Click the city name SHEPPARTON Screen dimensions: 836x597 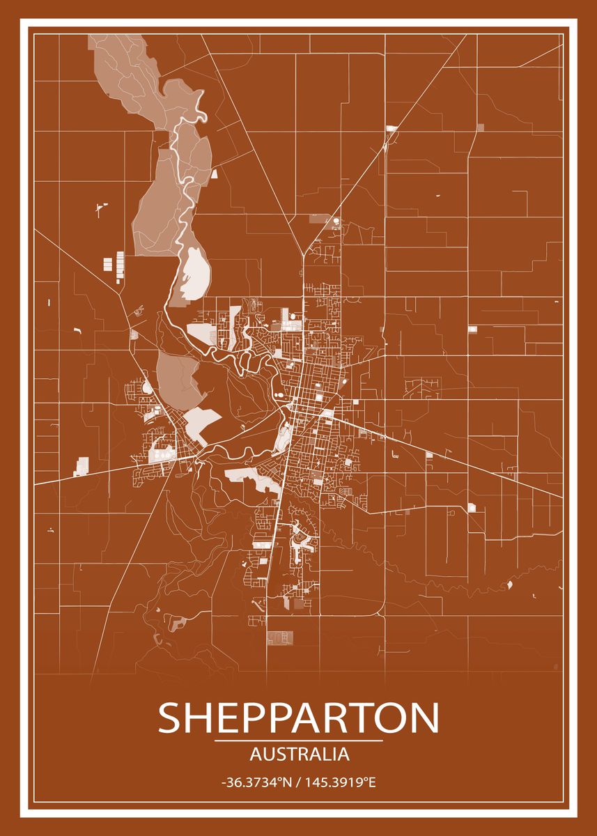point(298,718)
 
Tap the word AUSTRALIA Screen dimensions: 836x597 point(299,754)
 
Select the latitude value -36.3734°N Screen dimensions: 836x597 point(255,783)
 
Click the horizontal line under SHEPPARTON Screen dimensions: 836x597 point(298,741)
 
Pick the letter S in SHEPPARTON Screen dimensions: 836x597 point(171,718)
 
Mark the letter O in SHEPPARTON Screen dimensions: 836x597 point(390,718)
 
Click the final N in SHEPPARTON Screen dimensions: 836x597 point(425,718)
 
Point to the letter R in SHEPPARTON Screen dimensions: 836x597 point(333,718)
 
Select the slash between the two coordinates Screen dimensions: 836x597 point(298,783)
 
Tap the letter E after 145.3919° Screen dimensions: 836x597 point(372,783)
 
